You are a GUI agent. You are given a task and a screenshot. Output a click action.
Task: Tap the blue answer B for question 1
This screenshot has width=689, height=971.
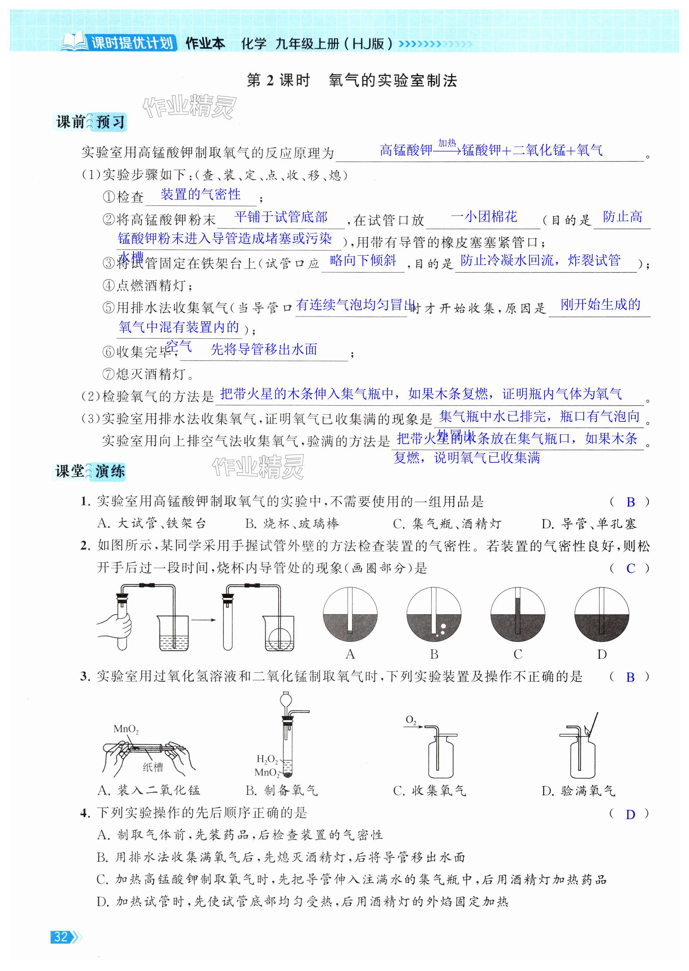point(630,502)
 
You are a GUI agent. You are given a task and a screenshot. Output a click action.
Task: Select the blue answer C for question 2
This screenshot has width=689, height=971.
point(630,569)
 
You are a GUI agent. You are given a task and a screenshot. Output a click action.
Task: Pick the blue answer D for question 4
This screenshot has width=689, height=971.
point(630,815)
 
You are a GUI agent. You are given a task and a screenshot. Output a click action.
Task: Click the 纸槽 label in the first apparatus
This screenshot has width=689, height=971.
point(153,766)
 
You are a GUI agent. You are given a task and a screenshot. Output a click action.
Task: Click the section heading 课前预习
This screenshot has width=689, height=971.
point(90,122)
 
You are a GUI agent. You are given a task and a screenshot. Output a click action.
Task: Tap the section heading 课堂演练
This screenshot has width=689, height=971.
point(90,471)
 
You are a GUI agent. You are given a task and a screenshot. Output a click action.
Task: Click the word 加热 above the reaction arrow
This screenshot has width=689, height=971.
point(447,143)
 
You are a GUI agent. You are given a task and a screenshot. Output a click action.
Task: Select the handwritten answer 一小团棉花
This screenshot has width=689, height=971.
point(484,217)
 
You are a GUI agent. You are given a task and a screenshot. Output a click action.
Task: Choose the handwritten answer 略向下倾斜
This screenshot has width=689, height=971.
point(363,260)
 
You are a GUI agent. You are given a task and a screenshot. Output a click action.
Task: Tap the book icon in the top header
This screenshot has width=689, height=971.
point(75,42)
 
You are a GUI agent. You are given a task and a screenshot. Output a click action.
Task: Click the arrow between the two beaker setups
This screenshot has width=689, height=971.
point(203,620)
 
